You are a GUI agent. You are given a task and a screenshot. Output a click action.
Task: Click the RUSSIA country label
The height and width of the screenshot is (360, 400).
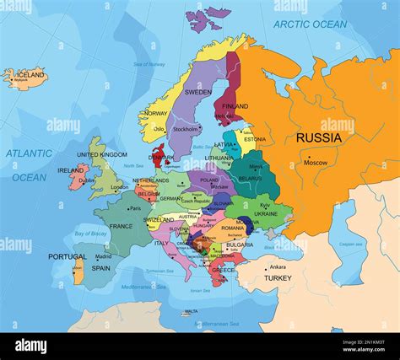point(318,137)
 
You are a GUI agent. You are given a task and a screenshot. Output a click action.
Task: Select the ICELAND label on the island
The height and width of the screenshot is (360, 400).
point(30,75)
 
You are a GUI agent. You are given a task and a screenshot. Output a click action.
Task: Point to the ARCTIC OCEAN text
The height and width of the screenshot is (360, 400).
point(310,24)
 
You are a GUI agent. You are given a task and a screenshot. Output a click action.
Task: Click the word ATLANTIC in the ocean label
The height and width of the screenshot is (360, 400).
point(30,153)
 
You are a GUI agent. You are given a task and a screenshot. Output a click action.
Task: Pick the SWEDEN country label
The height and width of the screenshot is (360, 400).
point(198,92)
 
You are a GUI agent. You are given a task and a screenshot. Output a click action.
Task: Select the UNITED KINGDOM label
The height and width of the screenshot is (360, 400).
point(102,155)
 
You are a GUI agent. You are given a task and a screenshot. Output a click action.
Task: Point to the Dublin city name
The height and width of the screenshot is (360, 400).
point(87,180)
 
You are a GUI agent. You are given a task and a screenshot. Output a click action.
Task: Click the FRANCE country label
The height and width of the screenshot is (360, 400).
point(121,226)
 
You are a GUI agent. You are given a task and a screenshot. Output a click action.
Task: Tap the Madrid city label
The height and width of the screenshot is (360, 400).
point(103,256)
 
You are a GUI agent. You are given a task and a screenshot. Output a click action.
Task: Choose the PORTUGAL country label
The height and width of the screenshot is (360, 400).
point(67,257)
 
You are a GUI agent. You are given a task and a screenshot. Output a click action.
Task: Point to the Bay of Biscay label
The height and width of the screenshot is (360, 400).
point(90,233)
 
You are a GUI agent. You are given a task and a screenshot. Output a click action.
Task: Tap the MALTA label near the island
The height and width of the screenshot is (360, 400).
point(192,312)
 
